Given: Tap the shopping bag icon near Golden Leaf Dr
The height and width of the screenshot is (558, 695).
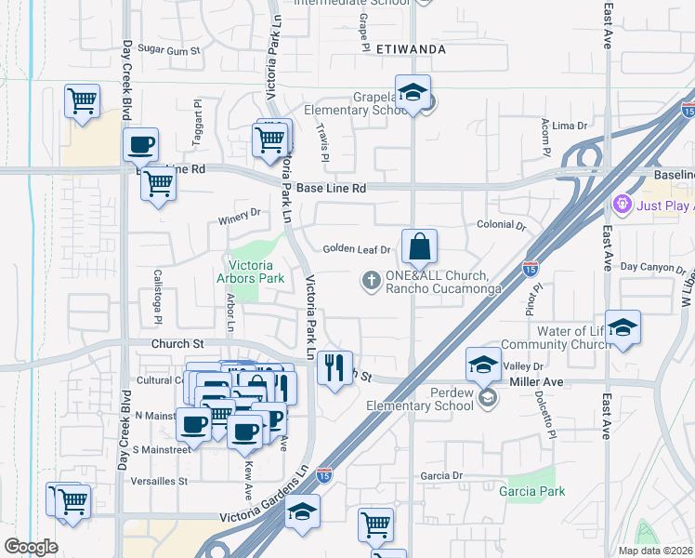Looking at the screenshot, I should tap(419, 247).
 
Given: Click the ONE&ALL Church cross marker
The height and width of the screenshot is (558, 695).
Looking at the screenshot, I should tap(371, 280).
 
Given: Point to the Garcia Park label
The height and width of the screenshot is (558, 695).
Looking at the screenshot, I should tap(531, 490).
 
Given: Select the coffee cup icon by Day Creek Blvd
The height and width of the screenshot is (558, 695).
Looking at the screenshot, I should tap(140, 145).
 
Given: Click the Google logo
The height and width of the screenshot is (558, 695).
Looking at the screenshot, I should tap(31, 547).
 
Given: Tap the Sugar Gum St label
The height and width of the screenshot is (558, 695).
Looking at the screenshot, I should tap(169, 49).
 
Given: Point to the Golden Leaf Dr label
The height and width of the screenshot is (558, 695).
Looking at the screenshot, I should tap(354, 249).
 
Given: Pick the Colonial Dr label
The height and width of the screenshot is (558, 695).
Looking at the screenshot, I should tap(501, 225).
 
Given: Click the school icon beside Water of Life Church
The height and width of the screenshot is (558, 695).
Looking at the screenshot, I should tap(623, 327).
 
